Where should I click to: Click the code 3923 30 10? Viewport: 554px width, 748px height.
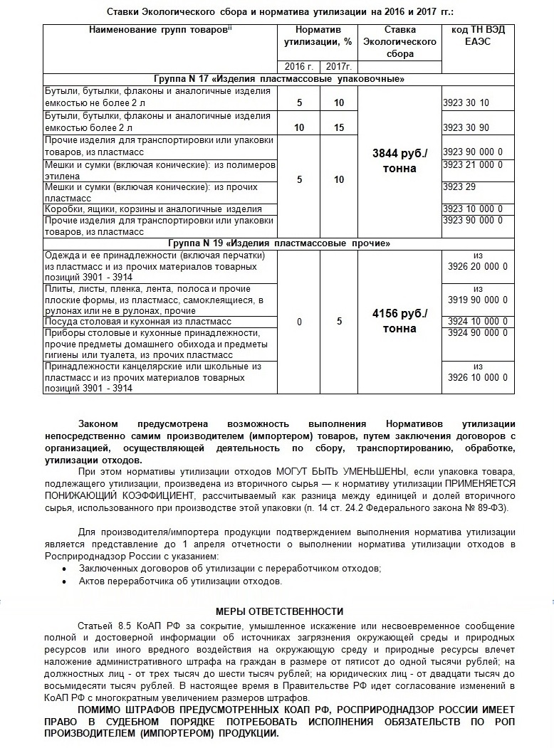(466, 102)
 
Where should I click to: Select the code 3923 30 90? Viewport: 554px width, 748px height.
(466, 127)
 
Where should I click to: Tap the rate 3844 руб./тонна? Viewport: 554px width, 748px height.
(399, 161)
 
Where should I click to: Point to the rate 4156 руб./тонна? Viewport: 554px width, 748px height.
(399, 320)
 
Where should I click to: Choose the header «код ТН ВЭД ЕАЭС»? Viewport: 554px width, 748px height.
(478, 36)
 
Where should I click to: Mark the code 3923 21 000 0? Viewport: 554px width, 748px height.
(472, 165)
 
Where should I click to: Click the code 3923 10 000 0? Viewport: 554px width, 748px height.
(472, 209)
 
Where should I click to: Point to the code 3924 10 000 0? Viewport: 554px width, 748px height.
(478, 322)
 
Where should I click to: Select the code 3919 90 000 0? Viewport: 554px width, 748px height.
(478, 300)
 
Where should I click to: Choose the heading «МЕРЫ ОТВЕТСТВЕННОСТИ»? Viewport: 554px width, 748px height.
(279, 611)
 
